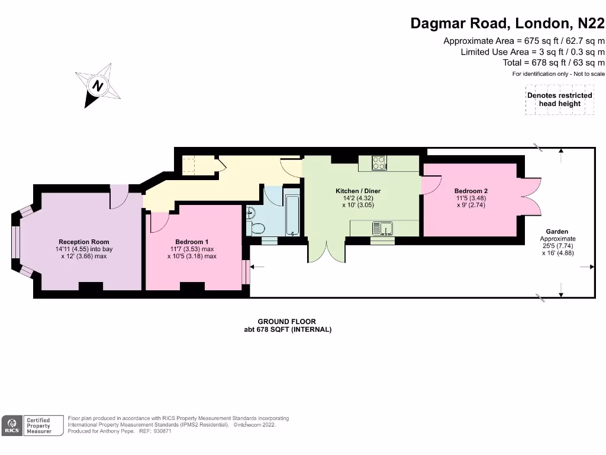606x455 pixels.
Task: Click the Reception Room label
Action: [84, 242]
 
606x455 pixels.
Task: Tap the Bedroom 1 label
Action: [192, 242]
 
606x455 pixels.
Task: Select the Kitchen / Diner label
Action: [358, 191]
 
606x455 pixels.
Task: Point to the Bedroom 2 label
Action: [470, 191]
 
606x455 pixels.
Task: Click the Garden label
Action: [557, 232]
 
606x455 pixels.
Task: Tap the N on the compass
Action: [98, 85]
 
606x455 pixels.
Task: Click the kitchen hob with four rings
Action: [379, 163]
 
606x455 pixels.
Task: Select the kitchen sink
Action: [383, 228]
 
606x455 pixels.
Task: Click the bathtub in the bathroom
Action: [292, 215]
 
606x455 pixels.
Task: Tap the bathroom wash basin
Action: [250, 213]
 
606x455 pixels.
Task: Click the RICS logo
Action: [12, 425]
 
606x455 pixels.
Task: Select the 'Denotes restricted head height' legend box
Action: [560, 100]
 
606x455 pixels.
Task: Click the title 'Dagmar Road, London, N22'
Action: [507, 23]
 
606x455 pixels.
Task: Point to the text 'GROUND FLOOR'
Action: [287, 322]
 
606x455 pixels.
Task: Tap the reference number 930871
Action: [162, 431]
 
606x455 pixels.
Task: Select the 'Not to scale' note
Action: [589, 74]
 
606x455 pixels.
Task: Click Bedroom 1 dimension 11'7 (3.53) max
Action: [192, 249]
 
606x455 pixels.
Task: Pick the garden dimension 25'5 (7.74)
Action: [557, 246]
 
